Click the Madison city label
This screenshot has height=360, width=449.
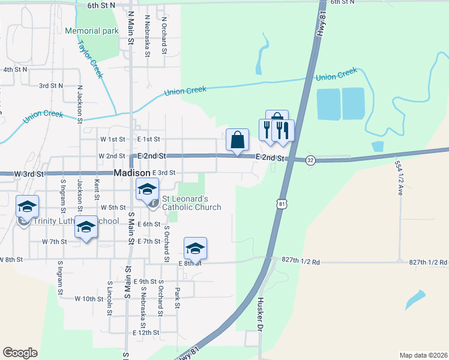pyautogui.click(x=132, y=173)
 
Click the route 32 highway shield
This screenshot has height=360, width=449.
pyautogui.click(x=310, y=160)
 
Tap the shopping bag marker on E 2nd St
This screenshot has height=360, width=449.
pyautogui.click(x=237, y=140)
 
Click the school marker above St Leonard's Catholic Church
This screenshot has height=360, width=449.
pyautogui.click(x=146, y=190)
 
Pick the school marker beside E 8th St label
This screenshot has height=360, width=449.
pyautogui.click(x=195, y=248)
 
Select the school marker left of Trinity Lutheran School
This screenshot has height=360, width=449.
pyautogui.click(x=27, y=207)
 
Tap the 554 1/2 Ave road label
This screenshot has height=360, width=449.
pyautogui.click(x=399, y=178)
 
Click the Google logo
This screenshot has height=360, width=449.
pyautogui.click(x=20, y=352)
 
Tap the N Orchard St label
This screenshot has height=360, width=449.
pyautogui.click(x=163, y=35)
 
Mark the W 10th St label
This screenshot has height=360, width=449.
pyautogui.click(x=89, y=298)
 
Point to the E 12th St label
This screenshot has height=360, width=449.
pyautogui.click(x=146, y=332)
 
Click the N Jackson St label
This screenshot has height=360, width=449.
pyautogui.click(x=79, y=103)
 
